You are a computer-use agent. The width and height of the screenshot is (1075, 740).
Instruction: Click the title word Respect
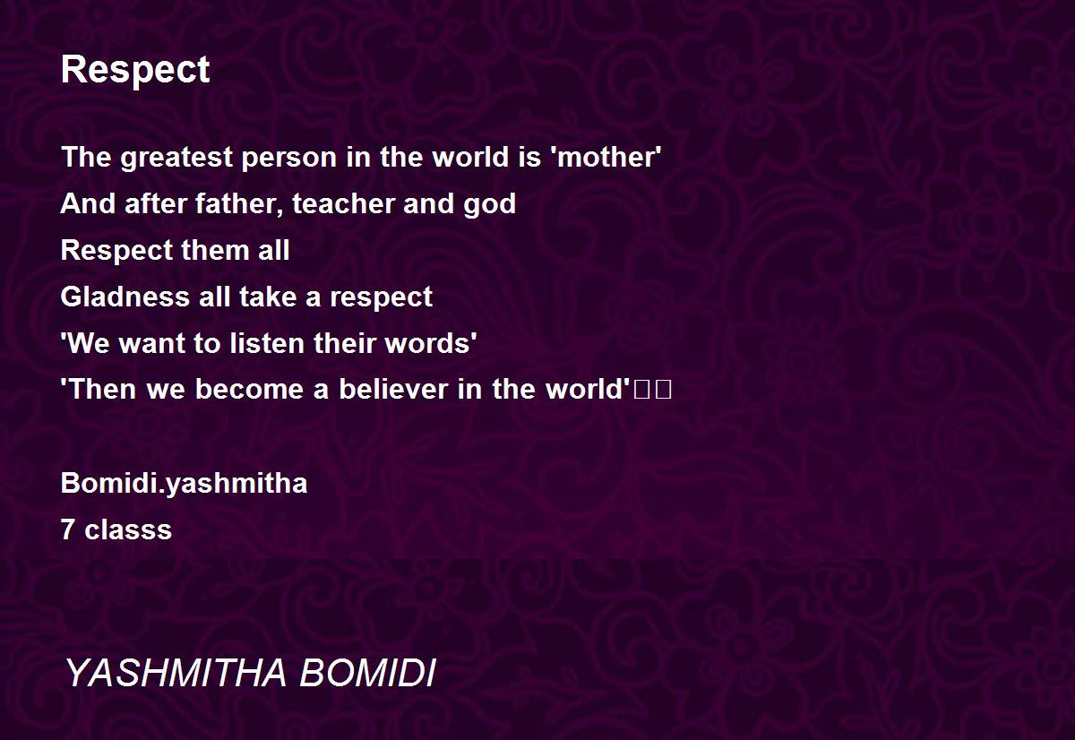click(135, 71)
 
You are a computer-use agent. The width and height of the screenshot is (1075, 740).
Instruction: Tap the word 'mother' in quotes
click(607, 157)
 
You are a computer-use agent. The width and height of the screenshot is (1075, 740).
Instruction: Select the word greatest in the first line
click(176, 159)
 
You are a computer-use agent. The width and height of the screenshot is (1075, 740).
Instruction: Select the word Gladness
click(125, 297)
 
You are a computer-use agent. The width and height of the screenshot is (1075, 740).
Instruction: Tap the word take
click(268, 297)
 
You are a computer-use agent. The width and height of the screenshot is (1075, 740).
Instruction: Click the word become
click(249, 389)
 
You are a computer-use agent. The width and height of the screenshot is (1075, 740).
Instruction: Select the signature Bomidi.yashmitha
click(184, 484)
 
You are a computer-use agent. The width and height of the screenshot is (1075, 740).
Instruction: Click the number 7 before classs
click(68, 529)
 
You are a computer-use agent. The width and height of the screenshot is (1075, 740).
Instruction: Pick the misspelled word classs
click(128, 529)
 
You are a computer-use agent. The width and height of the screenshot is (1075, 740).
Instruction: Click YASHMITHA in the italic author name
click(176, 672)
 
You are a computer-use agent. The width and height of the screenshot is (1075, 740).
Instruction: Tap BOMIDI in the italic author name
click(367, 672)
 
